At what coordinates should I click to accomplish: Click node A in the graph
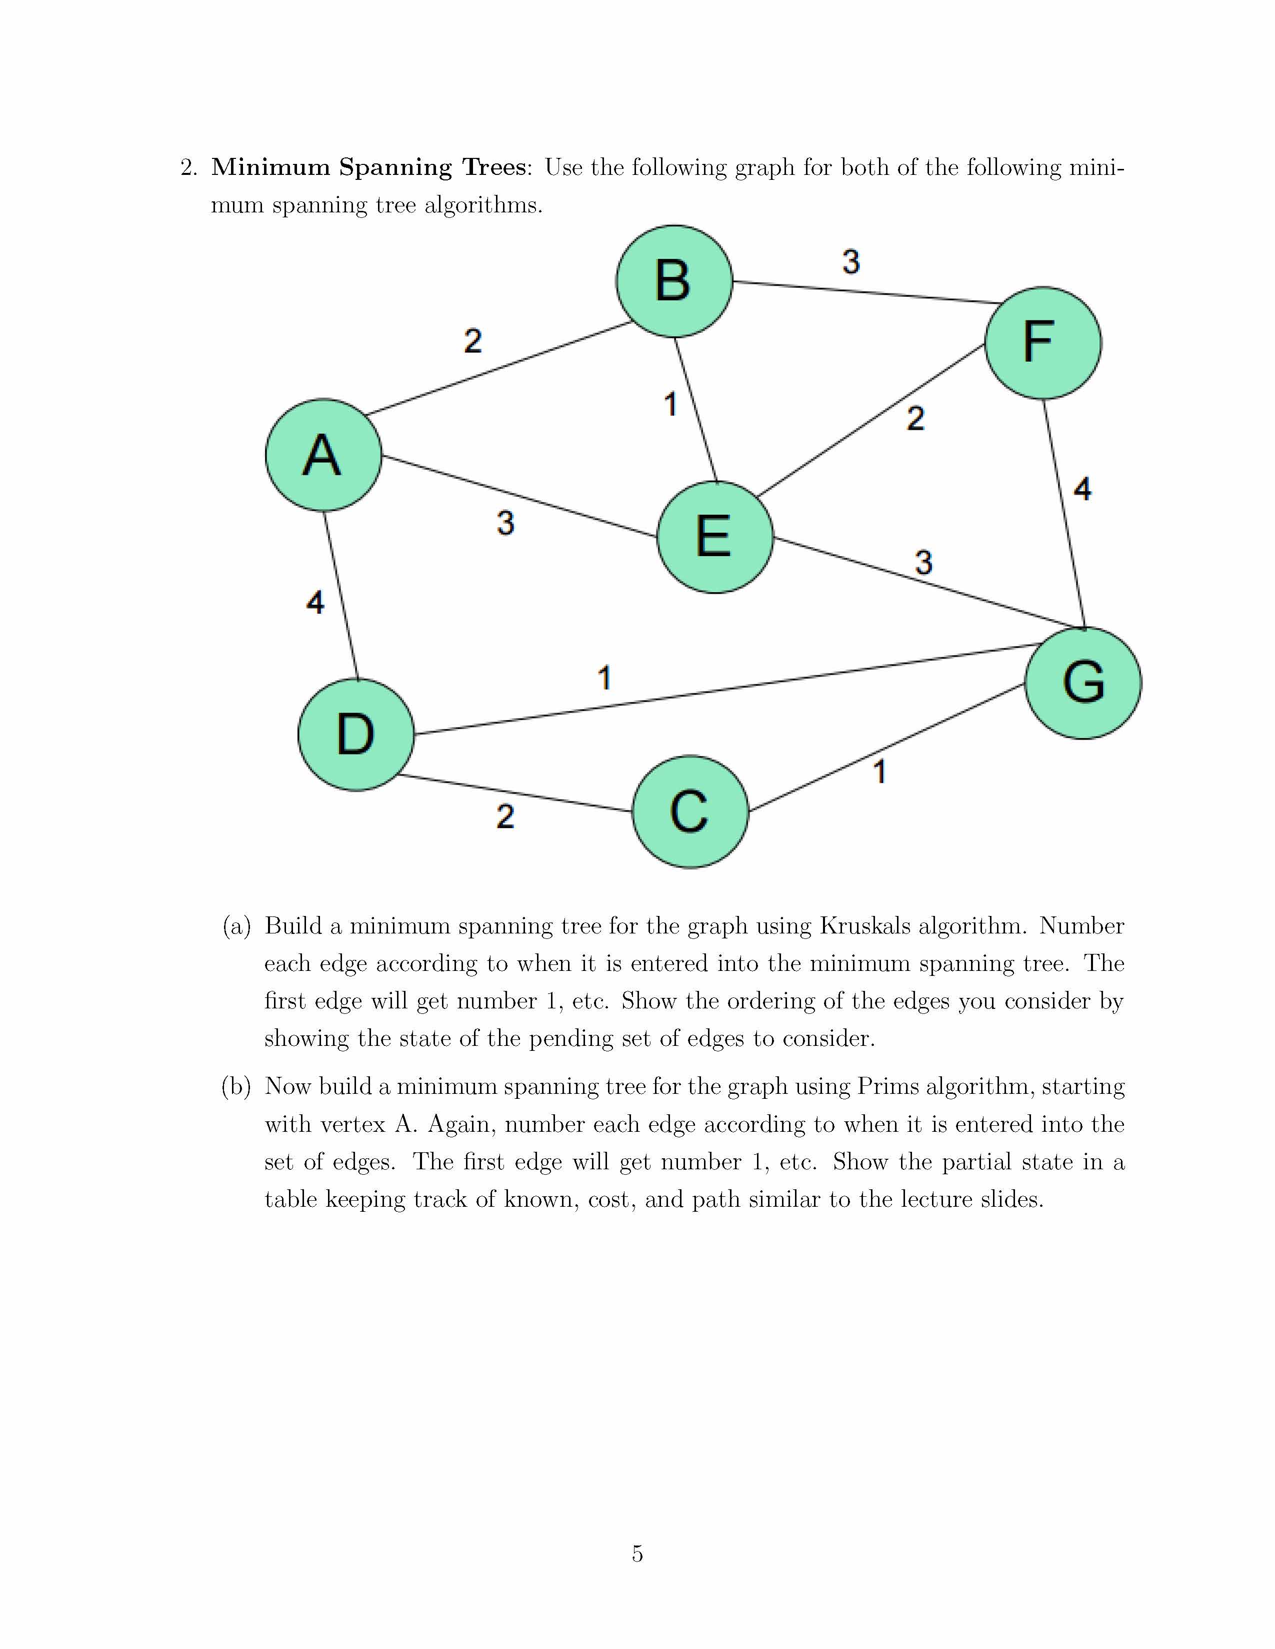pyautogui.click(x=323, y=455)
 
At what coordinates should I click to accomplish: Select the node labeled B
pyautogui.click(x=674, y=281)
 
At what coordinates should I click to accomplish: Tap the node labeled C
pyautogui.click(x=689, y=812)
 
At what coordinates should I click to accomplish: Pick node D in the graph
pyautogui.click(x=356, y=735)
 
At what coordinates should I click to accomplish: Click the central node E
pyautogui.click(x=714, y=537)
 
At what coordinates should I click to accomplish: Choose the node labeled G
pyautogui.click(x=1083, y=683)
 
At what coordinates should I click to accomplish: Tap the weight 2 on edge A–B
pyautogui.click(x=473, y=340)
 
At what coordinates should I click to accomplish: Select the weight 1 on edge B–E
pyautogui.click(x=670, y=404)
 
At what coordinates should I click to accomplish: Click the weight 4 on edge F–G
pyautogui.click(x=1082, y=489)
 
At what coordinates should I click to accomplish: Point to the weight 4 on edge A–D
pyautogui.click(x=315, y=602)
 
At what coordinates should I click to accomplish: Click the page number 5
pyautogui.click(x=637, y=1554)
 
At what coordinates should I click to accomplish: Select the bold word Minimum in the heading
pyautogui.click(x=270, y=167)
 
